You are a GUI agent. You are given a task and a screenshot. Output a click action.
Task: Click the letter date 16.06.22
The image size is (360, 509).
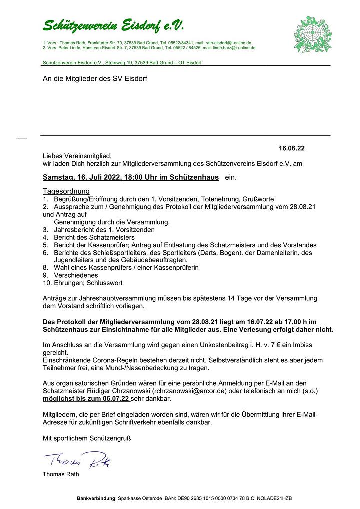click(x=292, y=148)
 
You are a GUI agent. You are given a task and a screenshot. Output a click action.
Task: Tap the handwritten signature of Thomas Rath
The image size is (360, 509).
click(x=77, y=460)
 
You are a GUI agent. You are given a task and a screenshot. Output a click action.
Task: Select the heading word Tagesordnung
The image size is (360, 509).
click(x=66, y=191)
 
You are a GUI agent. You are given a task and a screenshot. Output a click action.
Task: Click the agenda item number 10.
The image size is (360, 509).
click(x=47, y=282)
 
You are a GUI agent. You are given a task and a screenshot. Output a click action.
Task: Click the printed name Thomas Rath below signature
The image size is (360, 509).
click(x=61, y=474)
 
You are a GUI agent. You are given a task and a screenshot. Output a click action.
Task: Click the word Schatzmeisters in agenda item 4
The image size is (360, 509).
click(x=111, y=237)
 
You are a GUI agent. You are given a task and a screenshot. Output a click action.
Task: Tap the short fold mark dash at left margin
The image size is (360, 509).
click(x=21, y=138)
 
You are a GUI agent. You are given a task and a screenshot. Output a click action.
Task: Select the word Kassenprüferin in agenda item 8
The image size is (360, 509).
click(x=175, y=267)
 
